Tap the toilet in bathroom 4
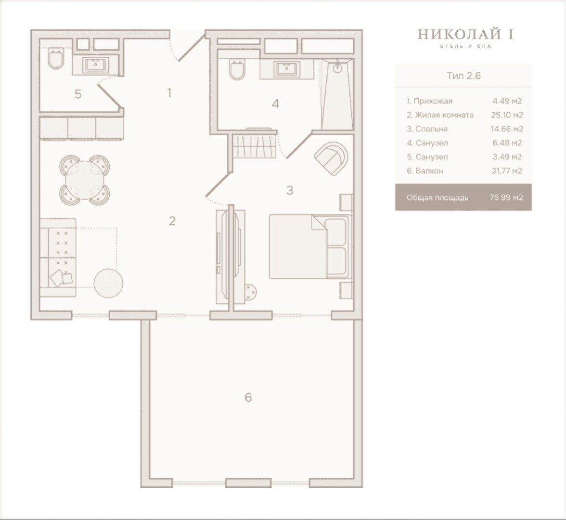point(237,70)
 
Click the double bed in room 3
point(310,247)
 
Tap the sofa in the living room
point(58,258)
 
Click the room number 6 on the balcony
point(248,397)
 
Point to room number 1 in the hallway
point(169,93)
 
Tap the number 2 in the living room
point(172,221)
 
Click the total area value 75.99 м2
point(506,197)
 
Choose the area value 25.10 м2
point(507,115)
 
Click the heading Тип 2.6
point(463,76)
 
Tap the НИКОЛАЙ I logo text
point(466,34)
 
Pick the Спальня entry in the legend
point(427,129)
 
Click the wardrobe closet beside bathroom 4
point(255,145)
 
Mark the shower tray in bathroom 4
point(336,94)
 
